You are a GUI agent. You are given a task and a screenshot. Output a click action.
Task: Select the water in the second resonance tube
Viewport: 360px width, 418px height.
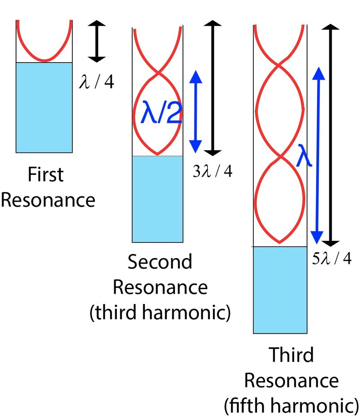tap(157, 199)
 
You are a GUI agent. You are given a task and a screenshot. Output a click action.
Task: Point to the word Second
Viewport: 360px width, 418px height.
tap(160, 262)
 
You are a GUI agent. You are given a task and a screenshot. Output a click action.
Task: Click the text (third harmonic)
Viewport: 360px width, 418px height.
tap(160, 313)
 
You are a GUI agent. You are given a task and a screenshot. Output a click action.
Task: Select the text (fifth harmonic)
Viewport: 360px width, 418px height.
tap(291, 406)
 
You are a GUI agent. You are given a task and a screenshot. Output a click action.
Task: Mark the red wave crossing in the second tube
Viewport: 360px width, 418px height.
tap(157, 73)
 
